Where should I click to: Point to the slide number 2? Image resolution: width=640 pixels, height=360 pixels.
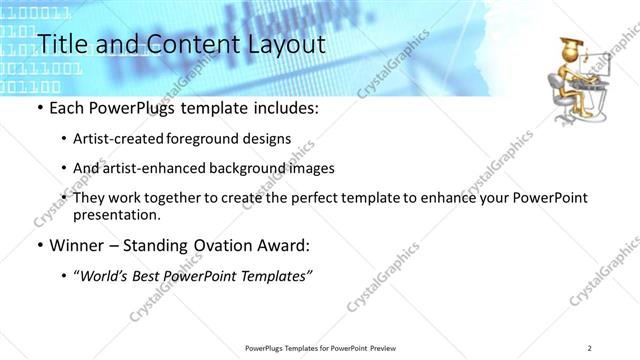(x=590, y=347)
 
